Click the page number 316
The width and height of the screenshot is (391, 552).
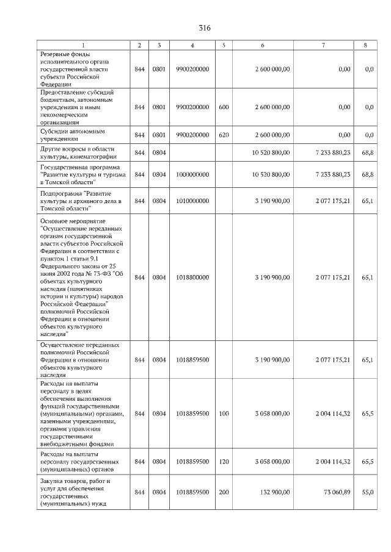point(205,29)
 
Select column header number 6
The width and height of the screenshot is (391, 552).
point(263,45)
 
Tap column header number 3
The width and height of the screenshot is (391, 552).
point(159,45)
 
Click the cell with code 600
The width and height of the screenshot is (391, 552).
point(224,107)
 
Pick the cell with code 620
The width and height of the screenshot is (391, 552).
point(224,135)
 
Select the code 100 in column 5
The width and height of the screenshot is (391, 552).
point(224,414)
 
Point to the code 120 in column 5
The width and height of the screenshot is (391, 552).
point(224,462)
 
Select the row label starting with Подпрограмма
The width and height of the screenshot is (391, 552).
point(81,201)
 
